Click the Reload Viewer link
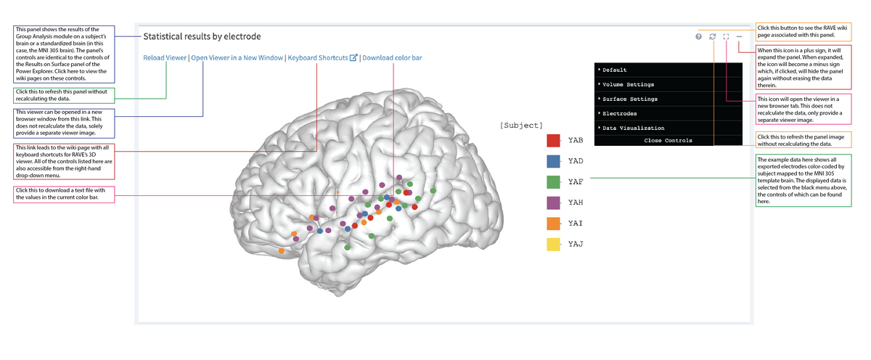click(x=165, y=58)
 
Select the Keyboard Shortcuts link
click(x=318, y=58)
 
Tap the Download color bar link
click(x=392, y=58)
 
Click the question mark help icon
click(x=698, y=36)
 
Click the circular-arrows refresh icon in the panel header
click(x=713, y=36)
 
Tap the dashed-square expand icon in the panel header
click(x=726, y=36)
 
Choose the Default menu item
click(x=614, y=70)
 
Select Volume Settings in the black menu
click(x=629, y=84)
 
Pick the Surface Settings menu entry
click(x=630, y=99)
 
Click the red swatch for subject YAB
click(x=553, y=141)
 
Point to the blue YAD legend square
click(x=553, y=161)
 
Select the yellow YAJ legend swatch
click(x=553, y=245)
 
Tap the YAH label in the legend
click(x=576, y=202)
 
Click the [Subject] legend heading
click(x=521, y=126)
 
